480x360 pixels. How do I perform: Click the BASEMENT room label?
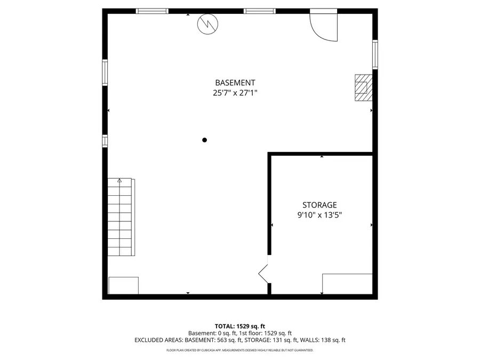tap(235, 83)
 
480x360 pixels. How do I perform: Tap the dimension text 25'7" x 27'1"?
tap(235, 92)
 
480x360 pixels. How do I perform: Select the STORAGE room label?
tap(319, 205)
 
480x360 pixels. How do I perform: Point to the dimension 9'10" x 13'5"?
tap(319, 215)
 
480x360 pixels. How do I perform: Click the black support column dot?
tap(204, 140)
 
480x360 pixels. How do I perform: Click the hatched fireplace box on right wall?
tap(363, 87)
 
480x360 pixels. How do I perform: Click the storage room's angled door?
tap(263, 273)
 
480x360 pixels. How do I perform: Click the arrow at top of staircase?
tap(120, 181)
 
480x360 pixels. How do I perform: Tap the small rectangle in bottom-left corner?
tap(123, 285)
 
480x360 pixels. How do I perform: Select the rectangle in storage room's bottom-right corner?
tap(347, 284)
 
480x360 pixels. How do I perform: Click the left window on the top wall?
tap(153, 11)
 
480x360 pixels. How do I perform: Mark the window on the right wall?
tap(375, 54)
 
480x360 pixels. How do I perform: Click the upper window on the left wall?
tap(105, 73)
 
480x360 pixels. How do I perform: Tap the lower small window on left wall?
tap(105, 140)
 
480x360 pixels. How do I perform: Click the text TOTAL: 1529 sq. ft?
tap(239, 326)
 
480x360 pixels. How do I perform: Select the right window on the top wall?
tap(260, 11)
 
